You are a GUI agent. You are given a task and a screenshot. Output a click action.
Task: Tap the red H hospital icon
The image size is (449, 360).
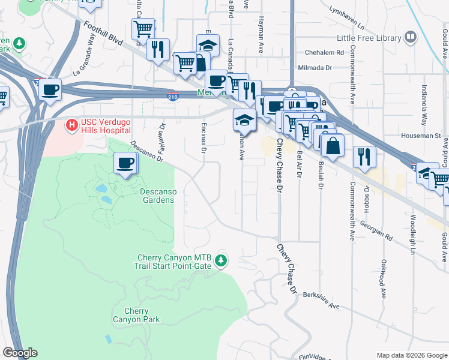click(x=72, y=125)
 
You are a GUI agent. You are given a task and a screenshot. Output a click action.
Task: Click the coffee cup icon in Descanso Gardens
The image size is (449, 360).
click(x=125, y=163)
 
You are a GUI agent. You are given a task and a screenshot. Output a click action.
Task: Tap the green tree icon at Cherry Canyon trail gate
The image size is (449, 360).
click(x=222, y=260)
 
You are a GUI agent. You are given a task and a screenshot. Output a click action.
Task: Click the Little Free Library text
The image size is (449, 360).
click(x=369, y=38)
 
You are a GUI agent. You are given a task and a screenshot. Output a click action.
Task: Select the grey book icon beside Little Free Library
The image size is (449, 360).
click(x=411, y=37)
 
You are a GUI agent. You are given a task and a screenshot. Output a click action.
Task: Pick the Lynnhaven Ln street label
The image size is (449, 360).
click(x=347, y=18)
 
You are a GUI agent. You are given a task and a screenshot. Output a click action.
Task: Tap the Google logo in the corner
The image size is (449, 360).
click(x=20, y=353)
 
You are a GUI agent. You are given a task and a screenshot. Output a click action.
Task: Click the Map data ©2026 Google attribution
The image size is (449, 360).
click(x=411, y=355)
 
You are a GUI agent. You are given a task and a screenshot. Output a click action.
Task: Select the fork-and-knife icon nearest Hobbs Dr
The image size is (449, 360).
click(x=364, y=157)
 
